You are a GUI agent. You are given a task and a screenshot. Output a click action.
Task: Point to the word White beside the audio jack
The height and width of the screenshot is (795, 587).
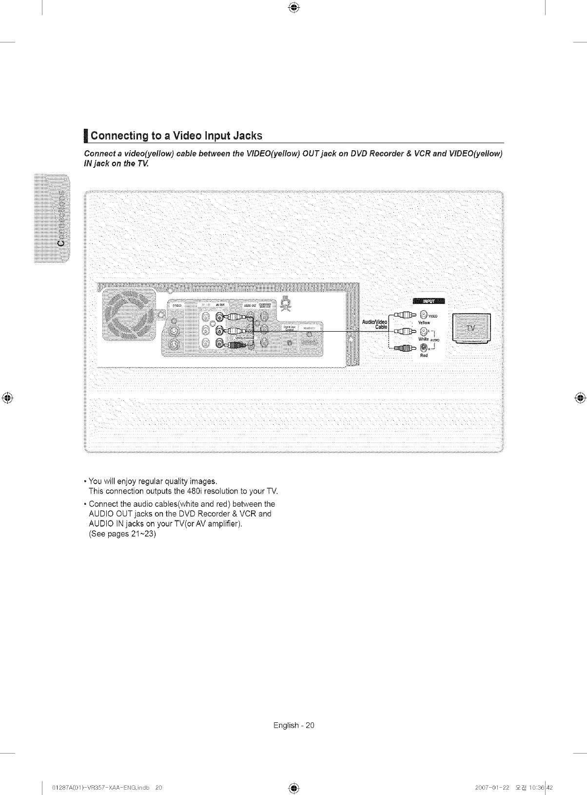[x=423, y=339]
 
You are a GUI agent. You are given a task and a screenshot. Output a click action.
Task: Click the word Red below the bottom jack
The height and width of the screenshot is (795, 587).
[x=424, y=356]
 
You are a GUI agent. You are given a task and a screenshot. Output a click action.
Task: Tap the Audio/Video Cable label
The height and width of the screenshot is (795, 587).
[x=374, y=324]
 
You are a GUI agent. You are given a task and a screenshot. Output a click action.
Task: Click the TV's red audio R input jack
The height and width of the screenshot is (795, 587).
[x=424, y=348]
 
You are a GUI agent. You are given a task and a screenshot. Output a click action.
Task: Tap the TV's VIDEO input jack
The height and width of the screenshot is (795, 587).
[x=423, y=314]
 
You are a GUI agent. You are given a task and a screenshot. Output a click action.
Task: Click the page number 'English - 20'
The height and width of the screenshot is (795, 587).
[x=294, y=725]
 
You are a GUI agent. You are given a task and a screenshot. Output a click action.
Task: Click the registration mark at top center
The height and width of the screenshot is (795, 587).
[x=293, y=7]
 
